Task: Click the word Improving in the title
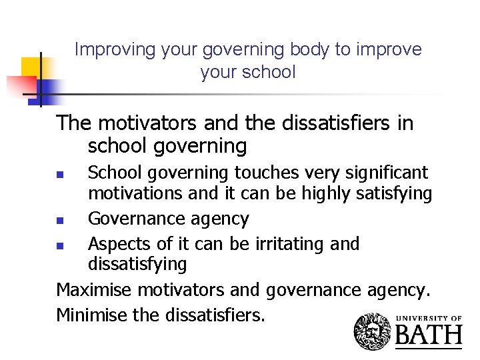[x=105, y=49]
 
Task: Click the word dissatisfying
[x=138, y=264]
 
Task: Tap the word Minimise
[x=93, y=314]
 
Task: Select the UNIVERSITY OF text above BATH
[x=429, y=318]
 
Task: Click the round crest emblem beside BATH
[x=373, y=331]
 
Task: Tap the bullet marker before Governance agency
[x=59, y=219]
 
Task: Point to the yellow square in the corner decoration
[x=31, y=67]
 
